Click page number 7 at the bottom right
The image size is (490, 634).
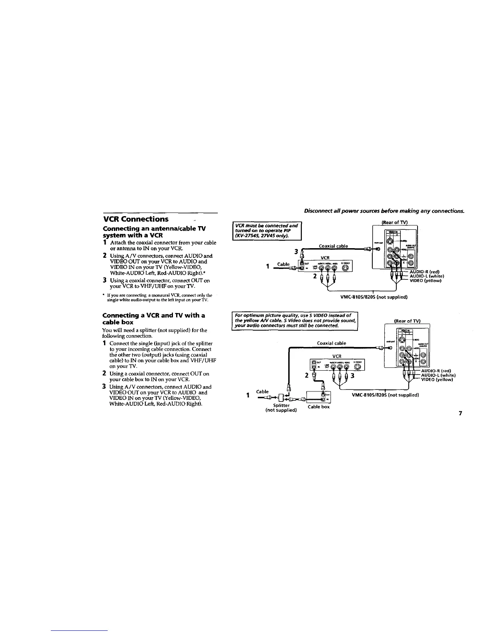(461, 413)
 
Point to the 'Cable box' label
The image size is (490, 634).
(319, 407)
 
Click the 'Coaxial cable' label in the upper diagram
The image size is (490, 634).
(333, 246)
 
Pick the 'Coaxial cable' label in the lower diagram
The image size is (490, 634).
(331, 343)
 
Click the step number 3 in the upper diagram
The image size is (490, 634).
(296, 251)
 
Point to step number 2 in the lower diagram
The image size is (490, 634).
(306, 375)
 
